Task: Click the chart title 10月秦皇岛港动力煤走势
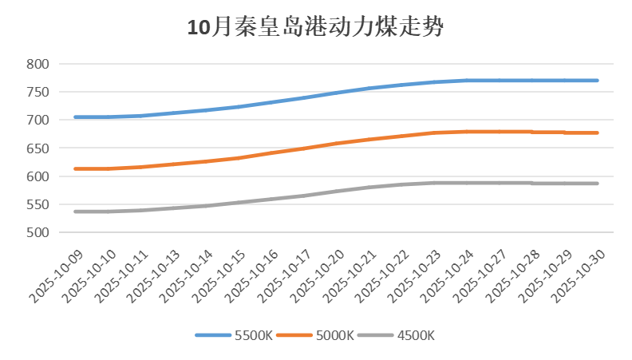click(315, 28)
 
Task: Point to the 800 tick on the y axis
click(38, 64)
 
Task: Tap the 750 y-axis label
click(38, 92)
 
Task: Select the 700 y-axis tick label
click(38, 121)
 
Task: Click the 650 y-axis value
click(38, 148)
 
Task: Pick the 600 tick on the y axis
click(38, 176)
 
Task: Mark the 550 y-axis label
click(38, 205)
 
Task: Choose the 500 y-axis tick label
click(38, 233)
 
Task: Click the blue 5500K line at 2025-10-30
click(597, 81)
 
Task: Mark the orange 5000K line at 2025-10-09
click(75, 169)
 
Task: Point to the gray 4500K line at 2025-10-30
click(597, 184)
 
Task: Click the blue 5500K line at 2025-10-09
click(75, 117)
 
